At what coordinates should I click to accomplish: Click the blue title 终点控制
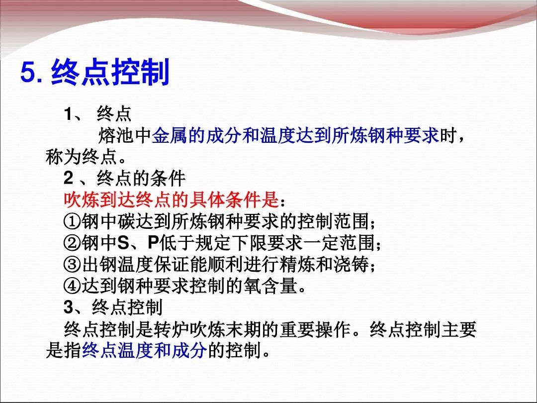tap(110, 72)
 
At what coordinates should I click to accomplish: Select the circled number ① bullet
tap(72, 222)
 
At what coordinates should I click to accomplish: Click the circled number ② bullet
tap(72, 243)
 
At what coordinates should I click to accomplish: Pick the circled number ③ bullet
tap(72, 264)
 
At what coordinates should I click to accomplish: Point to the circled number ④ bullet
tap(72, 286)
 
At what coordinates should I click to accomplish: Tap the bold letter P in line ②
tap(153, 243)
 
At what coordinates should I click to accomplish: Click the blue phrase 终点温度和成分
tap(145, 350)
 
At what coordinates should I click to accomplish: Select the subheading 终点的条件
tap(141, 178)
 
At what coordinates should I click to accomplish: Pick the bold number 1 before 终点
tap(68, 114)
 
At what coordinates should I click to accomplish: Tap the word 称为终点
tap(82, 157)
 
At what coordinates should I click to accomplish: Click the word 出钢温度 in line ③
tap(117, 264)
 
